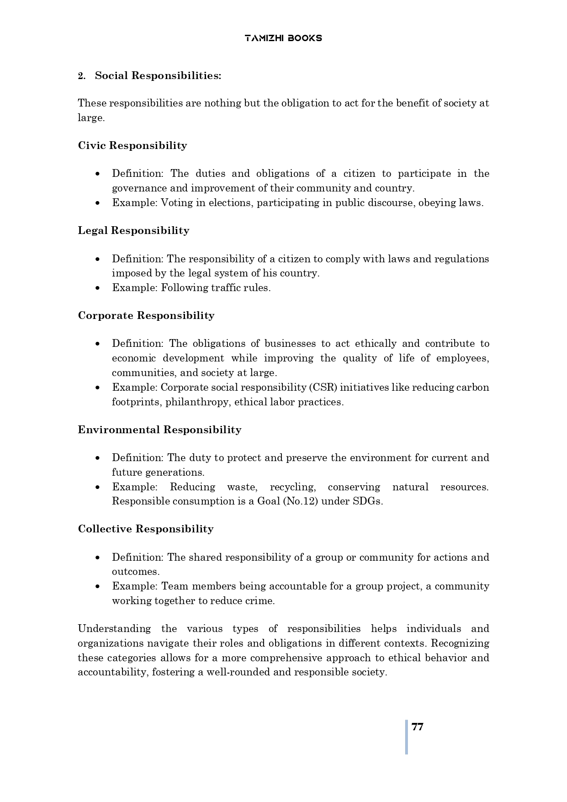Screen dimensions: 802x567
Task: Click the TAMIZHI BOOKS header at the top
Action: (x=283, y=38)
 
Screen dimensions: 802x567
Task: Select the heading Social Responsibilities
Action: (x=158, y=76)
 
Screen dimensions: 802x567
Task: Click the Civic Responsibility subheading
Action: (x=132, y=146)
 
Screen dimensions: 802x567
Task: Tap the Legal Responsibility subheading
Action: (x=133, y=230)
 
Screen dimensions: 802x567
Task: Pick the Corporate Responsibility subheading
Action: (x=146, y=316)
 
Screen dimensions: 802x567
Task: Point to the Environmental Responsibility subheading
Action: (x=159, y=430)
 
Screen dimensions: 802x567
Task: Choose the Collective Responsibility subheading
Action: (x=146, y=529)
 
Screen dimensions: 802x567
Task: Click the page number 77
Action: (x=418, y=727)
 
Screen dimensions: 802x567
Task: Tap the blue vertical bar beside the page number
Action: (x=406, y=737)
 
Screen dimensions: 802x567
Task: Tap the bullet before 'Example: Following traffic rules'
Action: (x=98, y=288)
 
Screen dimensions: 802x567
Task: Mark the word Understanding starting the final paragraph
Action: (x=114, y=629)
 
